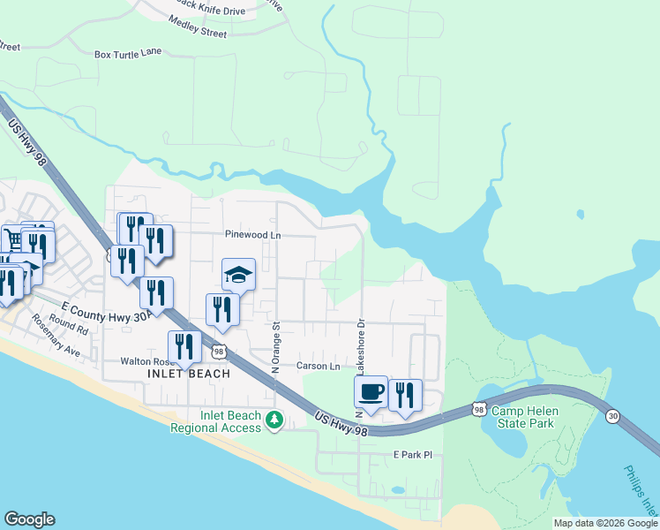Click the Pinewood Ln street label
(x=252, y=235)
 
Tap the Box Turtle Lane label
(x=128, y=54)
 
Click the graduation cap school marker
(x=238, y=275)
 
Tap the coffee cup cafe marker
(x=371, y=391)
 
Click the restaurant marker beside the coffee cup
(x=405, y=394)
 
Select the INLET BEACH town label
(x=189, y=374)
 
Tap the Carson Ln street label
(x=318, y=366)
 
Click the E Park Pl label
(x=414, y=455)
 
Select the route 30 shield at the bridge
(x=613, y=414)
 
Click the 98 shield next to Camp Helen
(x=478, y=409)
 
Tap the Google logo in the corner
(x=30, y=519)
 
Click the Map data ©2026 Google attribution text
(x=605, y=523)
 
